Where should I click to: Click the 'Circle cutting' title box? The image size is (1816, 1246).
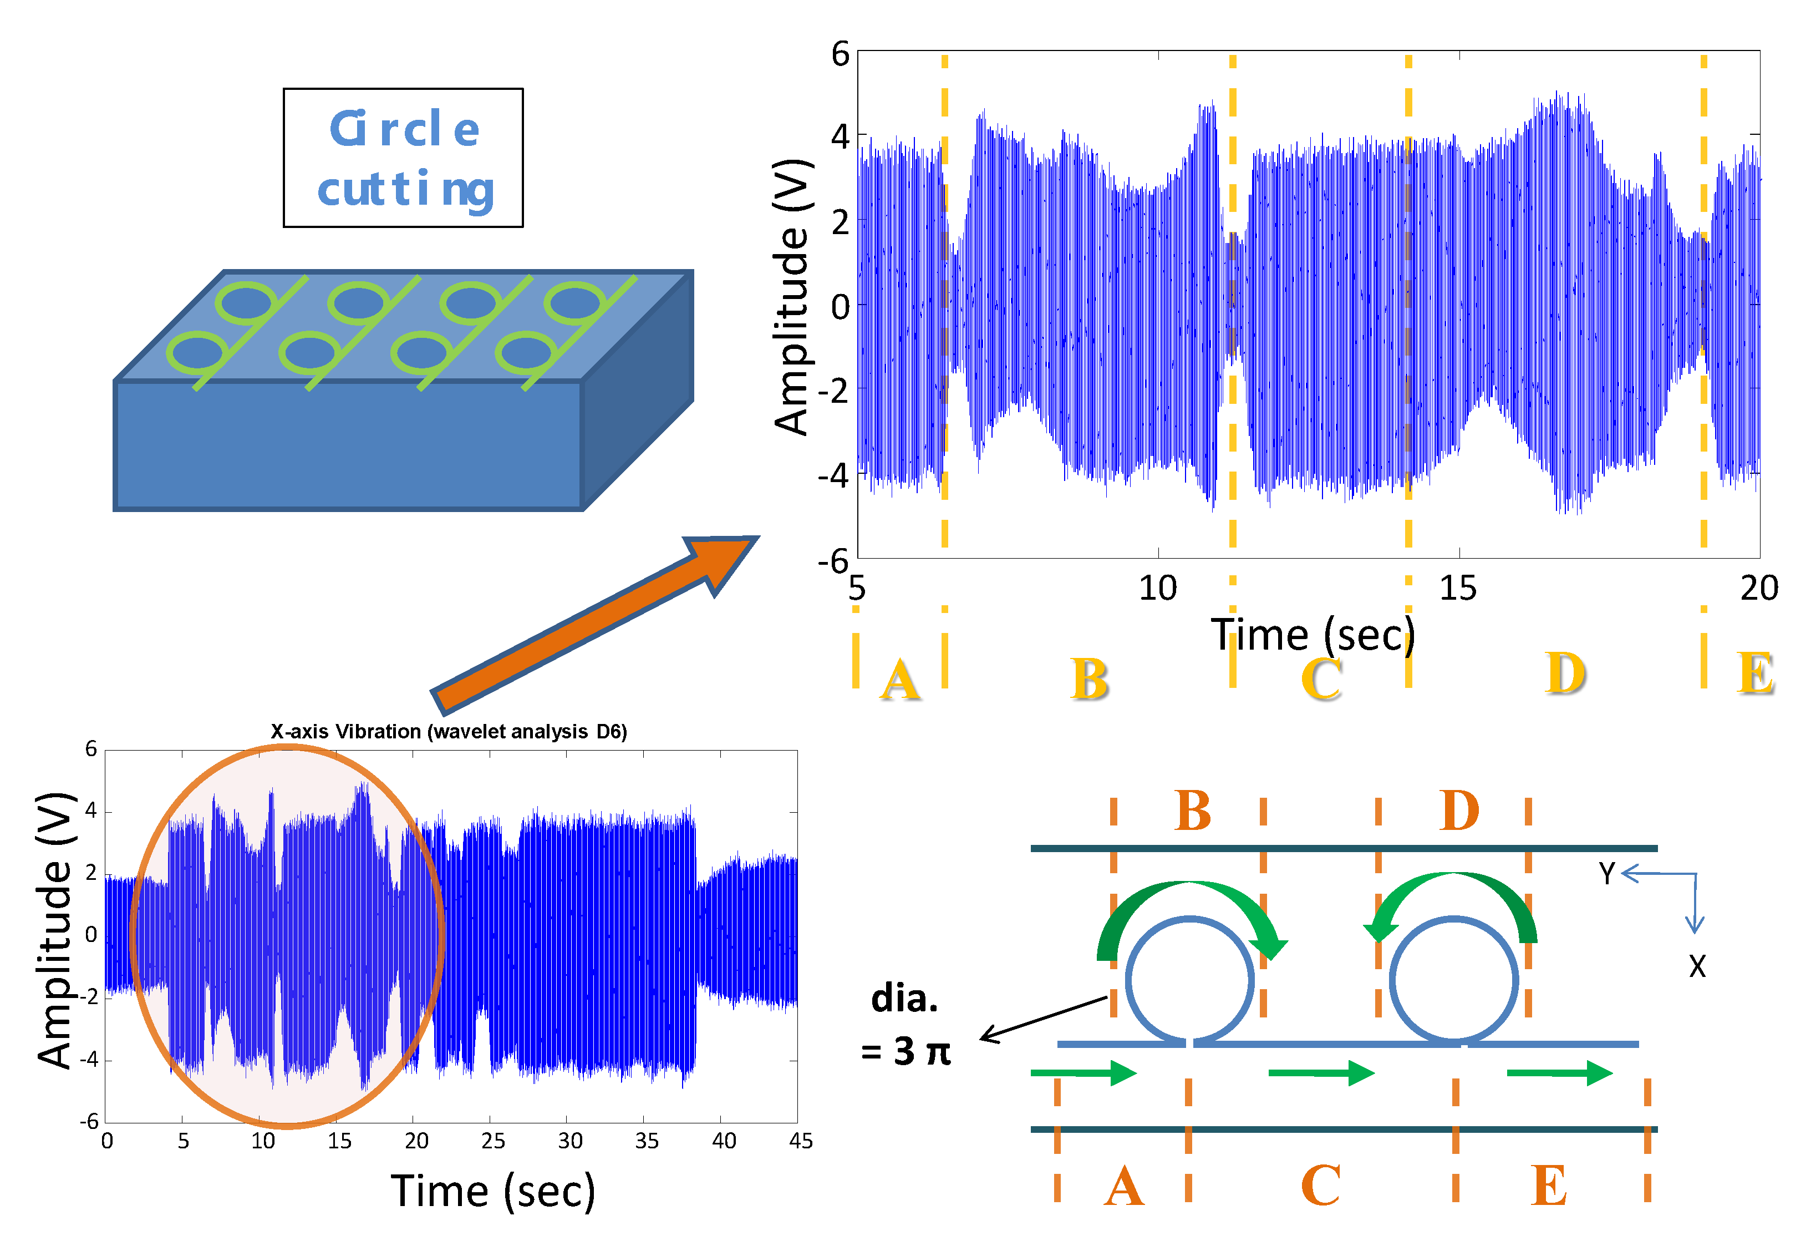pos(403,158)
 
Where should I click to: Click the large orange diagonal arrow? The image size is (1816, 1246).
pos(594,625)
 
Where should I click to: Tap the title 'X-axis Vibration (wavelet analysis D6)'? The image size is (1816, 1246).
pos(449,732)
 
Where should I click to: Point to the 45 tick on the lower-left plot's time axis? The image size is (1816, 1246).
pos(800,1141)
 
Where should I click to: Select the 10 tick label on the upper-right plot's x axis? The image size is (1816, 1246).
pos(1157,588)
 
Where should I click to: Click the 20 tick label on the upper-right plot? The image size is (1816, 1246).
pos(1759,588)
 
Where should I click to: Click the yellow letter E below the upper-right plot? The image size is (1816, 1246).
pos(1755,674)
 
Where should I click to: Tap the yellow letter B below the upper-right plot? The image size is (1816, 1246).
pos(1089,678)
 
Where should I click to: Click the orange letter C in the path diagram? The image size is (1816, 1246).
pos(1321,1185)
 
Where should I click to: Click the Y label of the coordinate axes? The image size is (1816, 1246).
pos(1606,874)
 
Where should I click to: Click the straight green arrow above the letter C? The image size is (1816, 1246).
pos(1321,1072)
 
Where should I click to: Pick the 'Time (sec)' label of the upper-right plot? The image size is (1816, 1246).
pos(1313,635)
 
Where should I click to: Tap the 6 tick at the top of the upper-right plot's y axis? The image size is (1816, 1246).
pos(840,55)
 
